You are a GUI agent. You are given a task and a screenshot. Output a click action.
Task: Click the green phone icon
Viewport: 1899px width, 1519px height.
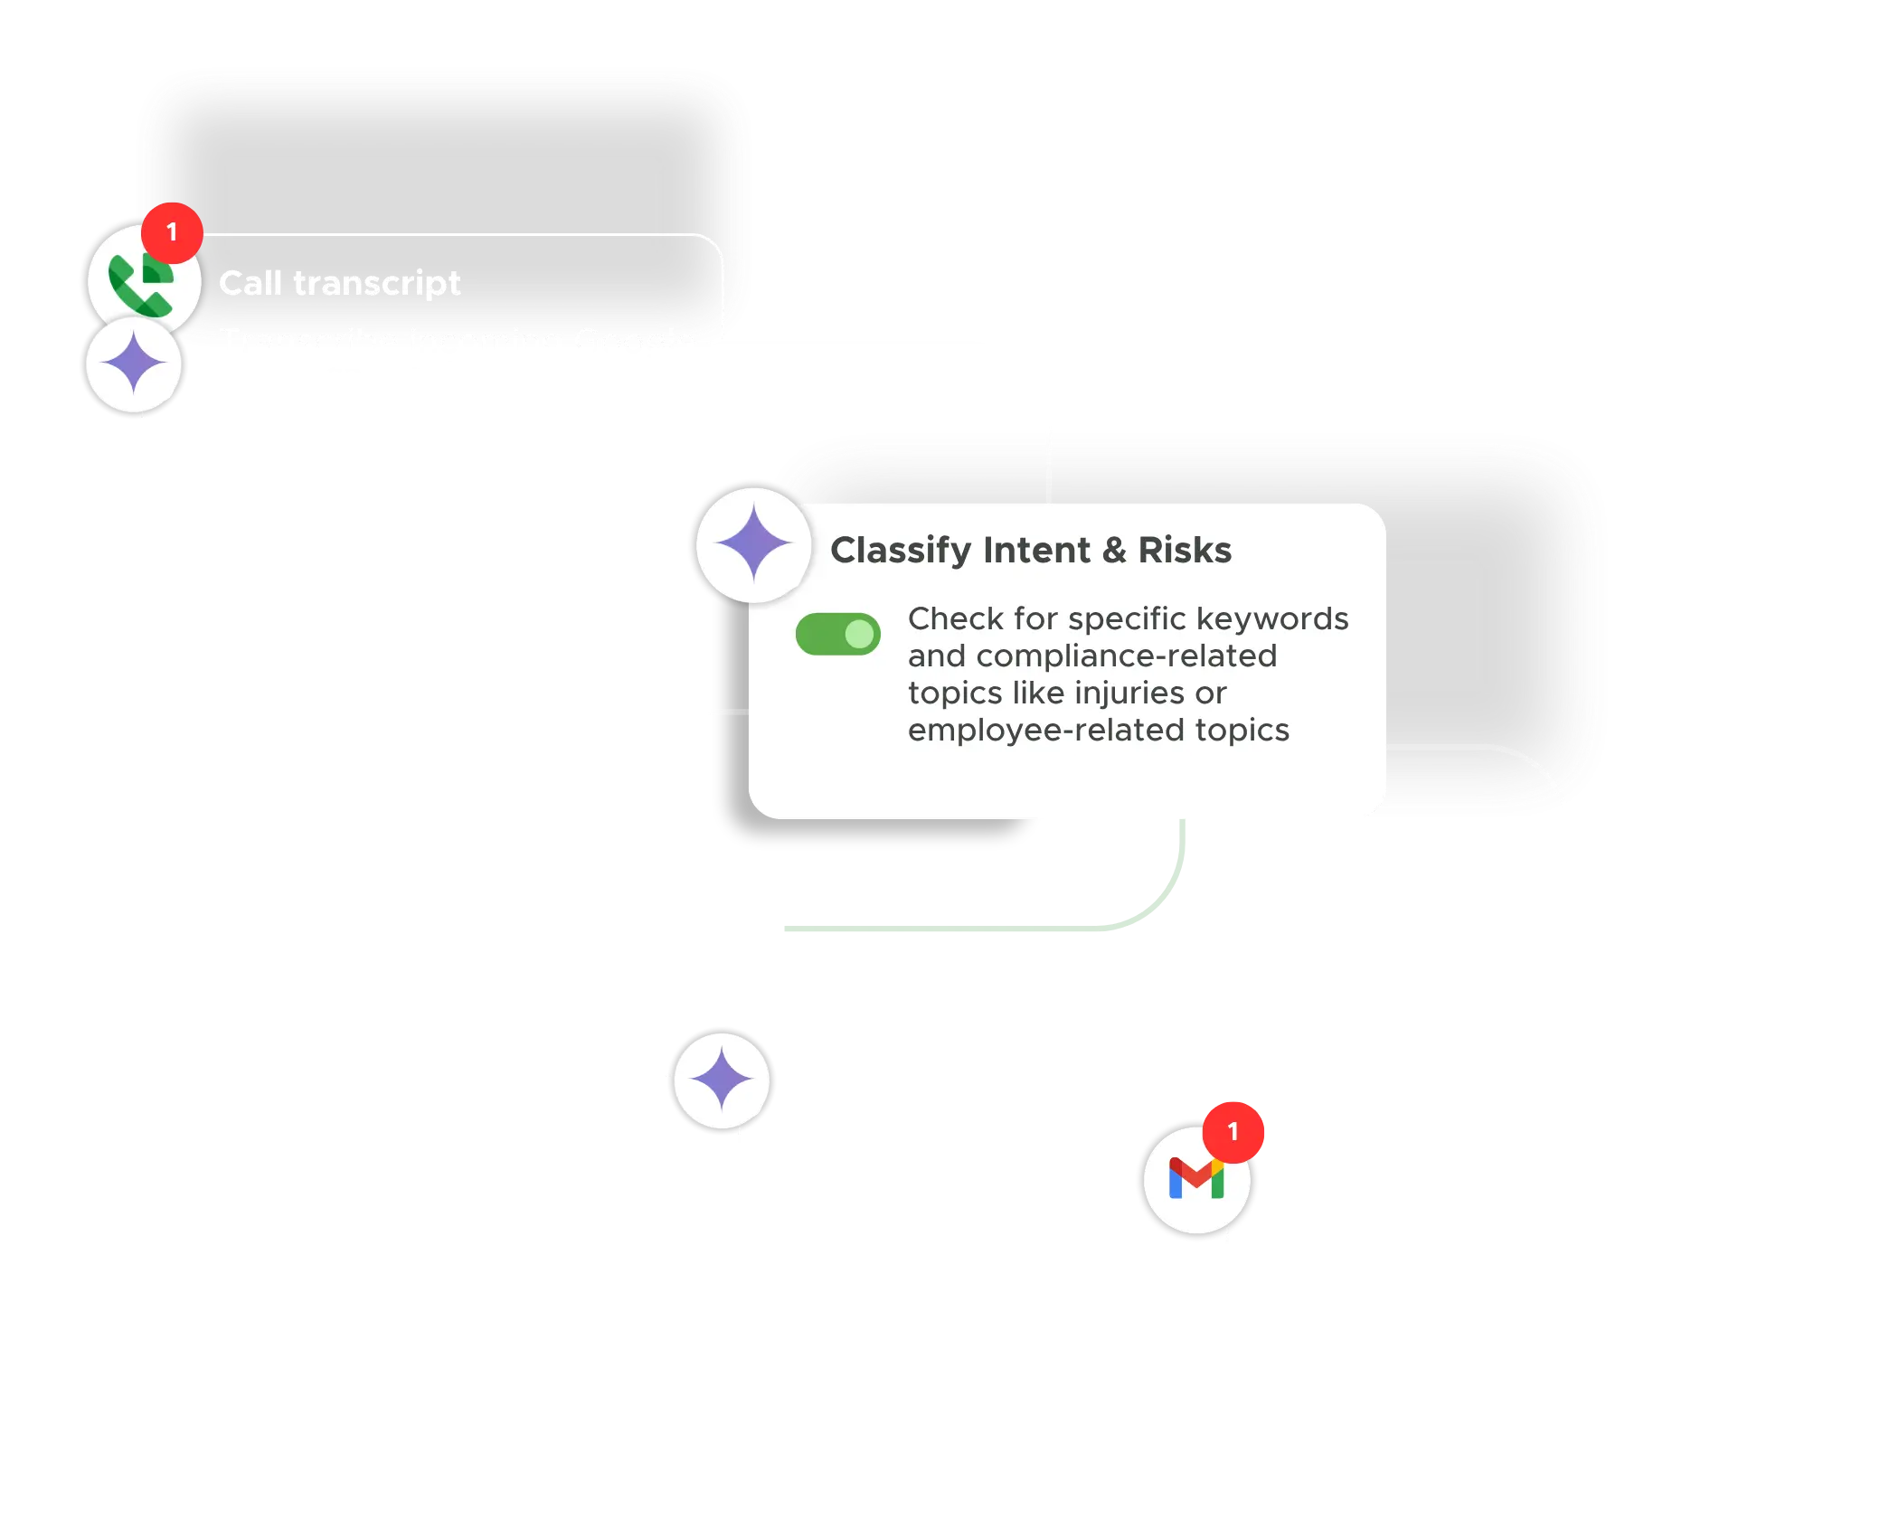[140, 285]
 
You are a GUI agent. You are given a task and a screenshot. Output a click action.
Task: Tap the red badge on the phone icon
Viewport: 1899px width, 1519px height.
[172, 232]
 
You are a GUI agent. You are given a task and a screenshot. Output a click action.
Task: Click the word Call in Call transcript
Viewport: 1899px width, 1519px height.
[250, 283]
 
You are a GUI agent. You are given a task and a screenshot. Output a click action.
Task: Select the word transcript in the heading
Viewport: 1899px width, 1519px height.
[377, 283]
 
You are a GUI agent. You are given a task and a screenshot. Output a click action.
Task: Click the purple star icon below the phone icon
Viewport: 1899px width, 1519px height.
[134, 364]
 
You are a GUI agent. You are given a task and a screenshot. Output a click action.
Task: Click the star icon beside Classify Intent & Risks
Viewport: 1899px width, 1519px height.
[753, 543]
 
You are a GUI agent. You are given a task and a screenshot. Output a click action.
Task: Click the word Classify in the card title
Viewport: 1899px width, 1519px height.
[900, 550]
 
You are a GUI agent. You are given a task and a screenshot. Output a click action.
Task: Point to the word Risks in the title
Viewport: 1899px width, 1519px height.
[1185, 550]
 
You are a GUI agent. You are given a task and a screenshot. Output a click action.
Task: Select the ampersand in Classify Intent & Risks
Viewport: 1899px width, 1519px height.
[1114, 550]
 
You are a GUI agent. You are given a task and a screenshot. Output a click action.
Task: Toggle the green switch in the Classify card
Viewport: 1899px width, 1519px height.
[837, 634]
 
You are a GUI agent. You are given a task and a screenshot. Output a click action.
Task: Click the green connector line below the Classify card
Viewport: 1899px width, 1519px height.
[949, 929]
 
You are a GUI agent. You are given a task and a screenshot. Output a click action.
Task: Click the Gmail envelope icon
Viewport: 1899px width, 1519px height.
[1195, 1179]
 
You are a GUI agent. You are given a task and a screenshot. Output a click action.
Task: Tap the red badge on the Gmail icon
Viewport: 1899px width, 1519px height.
[1233, 1131]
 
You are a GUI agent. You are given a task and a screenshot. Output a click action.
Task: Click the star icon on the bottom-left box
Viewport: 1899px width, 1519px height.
[721, 1080]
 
